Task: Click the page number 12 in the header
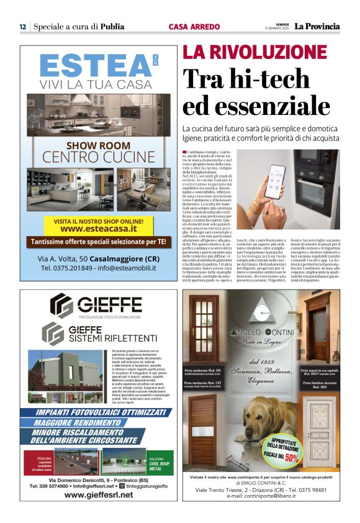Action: [22, 27]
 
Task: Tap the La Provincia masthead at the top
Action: [317, 26]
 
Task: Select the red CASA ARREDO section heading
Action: [194, 27]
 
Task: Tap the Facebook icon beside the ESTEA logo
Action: [155, 57]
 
